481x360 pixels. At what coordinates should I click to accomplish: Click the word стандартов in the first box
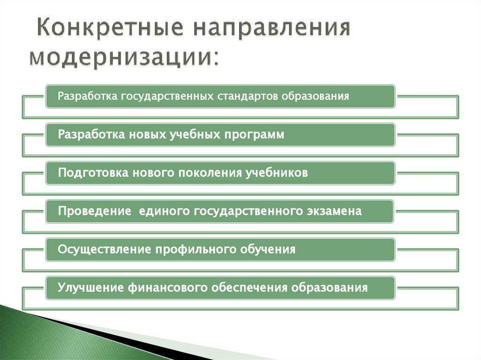click(248, 96)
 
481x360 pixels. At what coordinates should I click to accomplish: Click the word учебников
click(277, 173)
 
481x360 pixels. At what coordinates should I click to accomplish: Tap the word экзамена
click(335, 211)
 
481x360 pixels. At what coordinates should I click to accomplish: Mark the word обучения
click(269, 249)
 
